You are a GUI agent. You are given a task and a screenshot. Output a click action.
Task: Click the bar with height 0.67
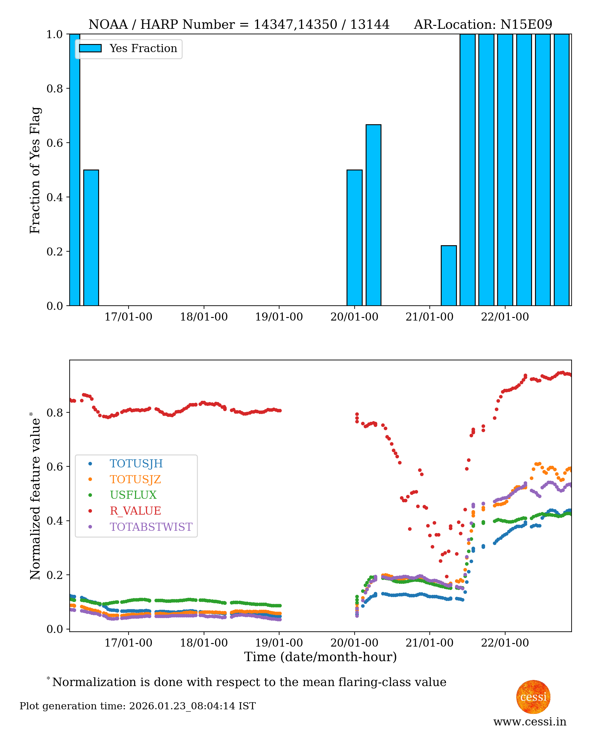[373, 215]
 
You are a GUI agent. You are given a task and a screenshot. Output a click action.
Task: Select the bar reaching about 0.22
[449, 275]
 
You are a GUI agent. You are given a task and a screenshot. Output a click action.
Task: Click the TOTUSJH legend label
[136, 464]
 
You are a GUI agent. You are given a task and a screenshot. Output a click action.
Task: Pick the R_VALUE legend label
[135, 511]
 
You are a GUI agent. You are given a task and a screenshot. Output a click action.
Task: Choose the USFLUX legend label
[133, 495]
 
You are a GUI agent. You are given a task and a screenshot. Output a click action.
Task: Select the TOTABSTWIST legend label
[151, 527]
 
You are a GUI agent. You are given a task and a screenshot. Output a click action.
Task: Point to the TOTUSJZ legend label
[135, 479]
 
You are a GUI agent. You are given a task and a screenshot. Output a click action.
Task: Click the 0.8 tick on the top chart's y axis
[54, 89]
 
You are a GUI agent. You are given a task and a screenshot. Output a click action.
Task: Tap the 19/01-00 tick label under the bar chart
[279, 317]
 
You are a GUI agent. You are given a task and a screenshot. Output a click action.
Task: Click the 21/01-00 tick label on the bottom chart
[429, 643]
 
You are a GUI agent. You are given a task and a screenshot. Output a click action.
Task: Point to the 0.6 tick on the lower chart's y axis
[54, 467]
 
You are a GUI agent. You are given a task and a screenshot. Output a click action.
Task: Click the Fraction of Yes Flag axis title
[35, 170]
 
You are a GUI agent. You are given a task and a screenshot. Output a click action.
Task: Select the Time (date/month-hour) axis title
[320, 657]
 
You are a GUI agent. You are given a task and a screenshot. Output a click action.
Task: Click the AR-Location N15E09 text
[483, 25]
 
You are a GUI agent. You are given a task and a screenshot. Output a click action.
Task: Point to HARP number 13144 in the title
[370, 25]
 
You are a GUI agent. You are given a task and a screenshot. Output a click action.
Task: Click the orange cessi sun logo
[533, 697]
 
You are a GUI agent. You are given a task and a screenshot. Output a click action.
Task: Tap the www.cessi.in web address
[530, 722]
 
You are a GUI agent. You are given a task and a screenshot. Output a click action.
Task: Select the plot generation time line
[138, 706]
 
